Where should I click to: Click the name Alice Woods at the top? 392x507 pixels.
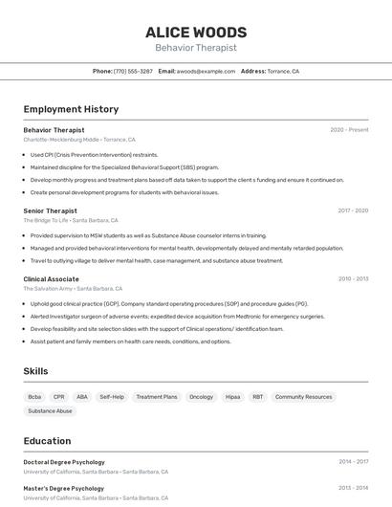[196, 33]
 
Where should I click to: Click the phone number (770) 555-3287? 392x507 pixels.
[133, 71]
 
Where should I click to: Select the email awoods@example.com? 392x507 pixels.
[205, 71]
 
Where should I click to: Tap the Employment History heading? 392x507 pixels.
[71, 109]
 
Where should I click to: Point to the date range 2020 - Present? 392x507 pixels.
[349, 130]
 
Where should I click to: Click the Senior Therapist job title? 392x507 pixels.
[50, 210]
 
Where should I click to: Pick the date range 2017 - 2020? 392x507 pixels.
[353, 210]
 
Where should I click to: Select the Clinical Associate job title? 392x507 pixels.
[51, 279]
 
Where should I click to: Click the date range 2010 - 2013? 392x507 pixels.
[353, 279]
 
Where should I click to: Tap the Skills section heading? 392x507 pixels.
[35, 371]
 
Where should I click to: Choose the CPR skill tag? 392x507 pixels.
[59, 397]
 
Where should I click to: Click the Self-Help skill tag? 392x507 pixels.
[112, 397]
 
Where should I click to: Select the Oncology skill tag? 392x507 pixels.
[201, 397]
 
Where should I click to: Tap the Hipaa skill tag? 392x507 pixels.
[232, 397]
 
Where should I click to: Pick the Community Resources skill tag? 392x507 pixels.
[303, 397]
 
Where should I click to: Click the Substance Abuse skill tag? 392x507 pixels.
[50, 411]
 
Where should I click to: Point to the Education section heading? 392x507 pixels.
[47, 441]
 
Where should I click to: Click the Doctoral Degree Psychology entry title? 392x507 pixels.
[64, 462]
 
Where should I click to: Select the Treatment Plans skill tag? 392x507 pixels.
[157, 397]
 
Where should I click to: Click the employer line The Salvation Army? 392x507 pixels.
[48, 288]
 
